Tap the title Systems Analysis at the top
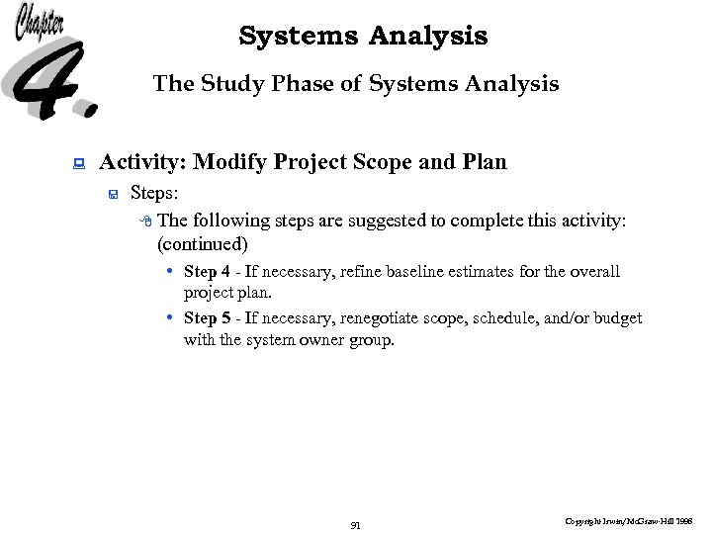(x=363, y=37)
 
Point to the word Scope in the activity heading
(x=378, y=162)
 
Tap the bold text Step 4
(x=207, y=272)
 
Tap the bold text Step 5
(x=207, y=318)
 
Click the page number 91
(x=356, y=525)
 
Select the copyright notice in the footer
(x=628, y=519)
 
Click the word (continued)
(x=203, y=243)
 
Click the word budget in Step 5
(x=619, y=318)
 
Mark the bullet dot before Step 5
(x=171, y=317)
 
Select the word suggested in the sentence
(x=394, y=221)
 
